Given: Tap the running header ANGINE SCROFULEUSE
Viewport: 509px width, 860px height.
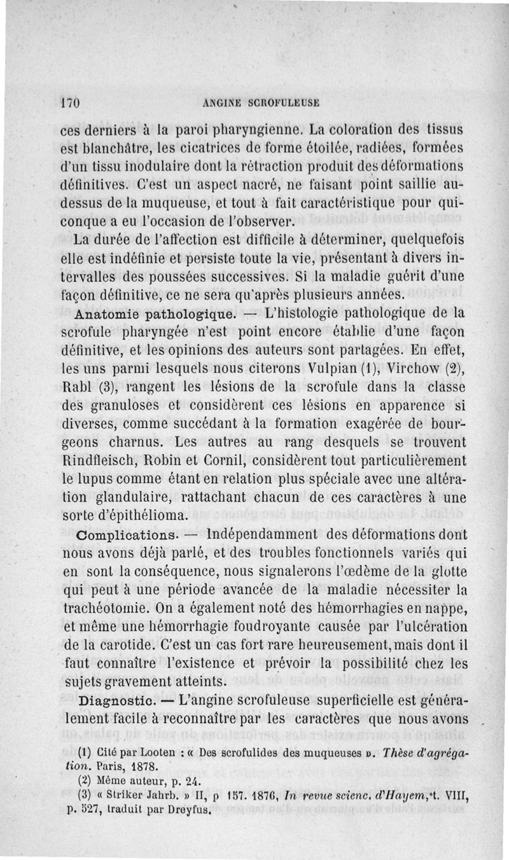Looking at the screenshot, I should (x=260, y=102).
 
